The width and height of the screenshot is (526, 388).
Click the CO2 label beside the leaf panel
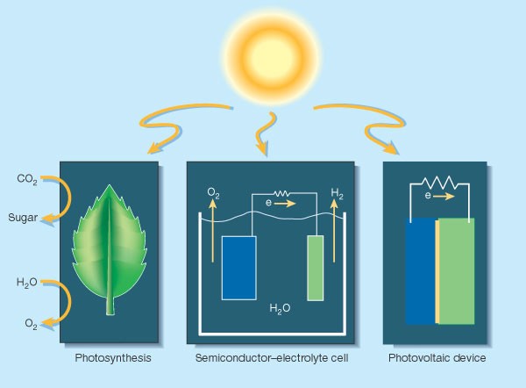tap(27, 179)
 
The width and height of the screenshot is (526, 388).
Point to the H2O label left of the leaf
tap(27, 283)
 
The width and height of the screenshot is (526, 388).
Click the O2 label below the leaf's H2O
tap(31, 324)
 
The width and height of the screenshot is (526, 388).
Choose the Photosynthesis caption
tap(113, 358)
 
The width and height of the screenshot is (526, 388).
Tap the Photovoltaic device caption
tap(435, 358)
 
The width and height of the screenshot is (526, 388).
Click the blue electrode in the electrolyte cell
tap(238, 268)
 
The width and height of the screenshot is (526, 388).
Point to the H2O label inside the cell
tap(281, 310)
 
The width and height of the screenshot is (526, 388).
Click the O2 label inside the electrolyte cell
tap(213, 191)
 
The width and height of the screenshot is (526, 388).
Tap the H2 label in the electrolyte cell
tap(338, 191)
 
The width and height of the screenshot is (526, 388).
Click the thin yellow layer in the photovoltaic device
tap(437, 272)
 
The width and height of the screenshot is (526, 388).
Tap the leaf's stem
tap(110, 303)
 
